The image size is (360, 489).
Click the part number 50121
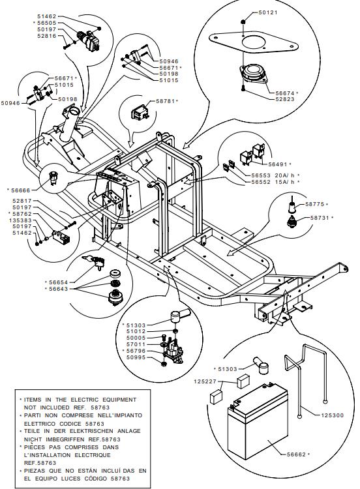click(268, 12)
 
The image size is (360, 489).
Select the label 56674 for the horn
click(285, 93)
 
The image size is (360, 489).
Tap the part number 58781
click(166, 101)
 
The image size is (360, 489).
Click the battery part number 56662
click(296, 454)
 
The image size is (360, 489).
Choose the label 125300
click(333, 415)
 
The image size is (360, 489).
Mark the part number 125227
click(205, 381)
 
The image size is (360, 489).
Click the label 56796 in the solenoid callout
click(136, 351)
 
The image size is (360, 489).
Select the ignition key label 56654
click(58, 282)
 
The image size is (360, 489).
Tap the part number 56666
click(21, 190)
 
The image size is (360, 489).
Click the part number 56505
click(47, 23)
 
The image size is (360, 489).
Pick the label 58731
click(320, 218)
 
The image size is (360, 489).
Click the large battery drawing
click(258, 422)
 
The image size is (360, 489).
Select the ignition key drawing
click(94, 261)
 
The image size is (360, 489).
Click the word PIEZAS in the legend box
click(35, 471)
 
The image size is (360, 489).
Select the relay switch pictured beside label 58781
click(140, 112)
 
